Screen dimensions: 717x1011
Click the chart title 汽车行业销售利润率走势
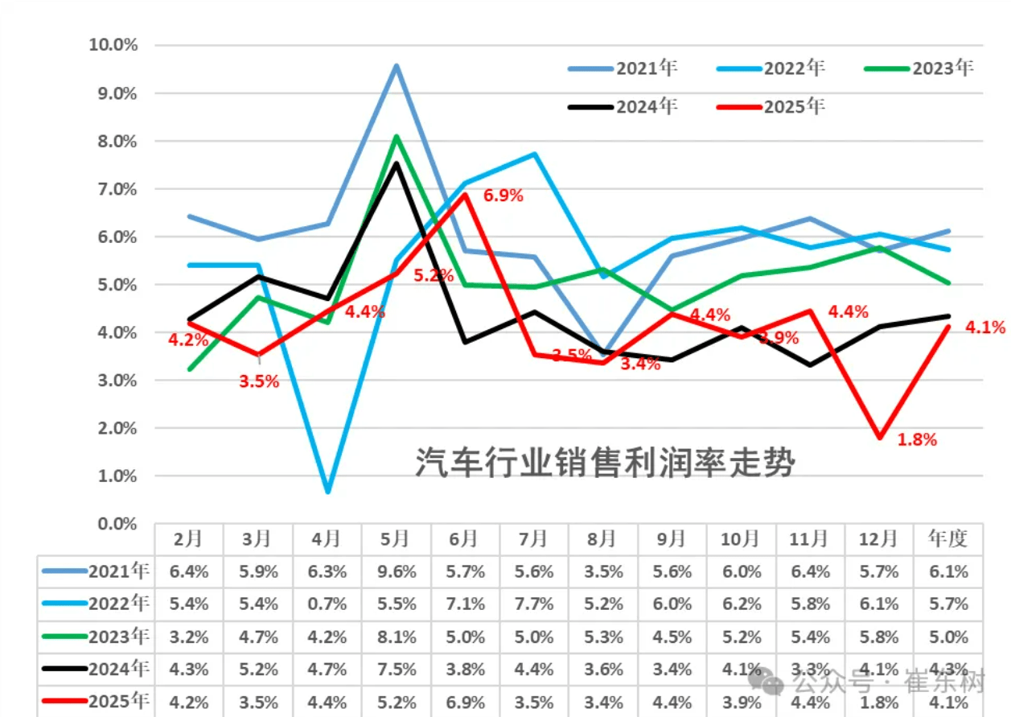click(x=605, y=463)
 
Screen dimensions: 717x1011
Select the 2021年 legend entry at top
click(x=623, y=68)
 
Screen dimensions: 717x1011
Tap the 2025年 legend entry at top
click(x=771, y=106)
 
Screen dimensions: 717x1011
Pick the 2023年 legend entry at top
click(x=919, y=68)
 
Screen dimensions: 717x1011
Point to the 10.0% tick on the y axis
click(x=113, y=44)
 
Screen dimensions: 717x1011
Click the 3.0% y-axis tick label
click(x=115, y=380)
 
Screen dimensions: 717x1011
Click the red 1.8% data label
click(x=917, y=439)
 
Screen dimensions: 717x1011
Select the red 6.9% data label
click(x=503, y=196)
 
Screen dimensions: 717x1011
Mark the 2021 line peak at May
click(x=397, y=66)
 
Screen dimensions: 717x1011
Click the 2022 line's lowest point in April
click(x=328, y=491)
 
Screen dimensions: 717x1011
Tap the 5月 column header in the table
click(x=396, y=538)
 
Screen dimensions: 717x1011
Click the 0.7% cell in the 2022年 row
click(x=327, y=604)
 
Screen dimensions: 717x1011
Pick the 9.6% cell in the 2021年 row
click(x=396, y=572)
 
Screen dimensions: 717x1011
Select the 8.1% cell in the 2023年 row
click(x=396, y=637)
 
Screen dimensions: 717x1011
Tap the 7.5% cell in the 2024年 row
click(x=396, y=669)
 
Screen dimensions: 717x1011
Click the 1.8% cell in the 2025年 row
click(x=878, y=700)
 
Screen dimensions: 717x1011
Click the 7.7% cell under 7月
click(x=533, y=604)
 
